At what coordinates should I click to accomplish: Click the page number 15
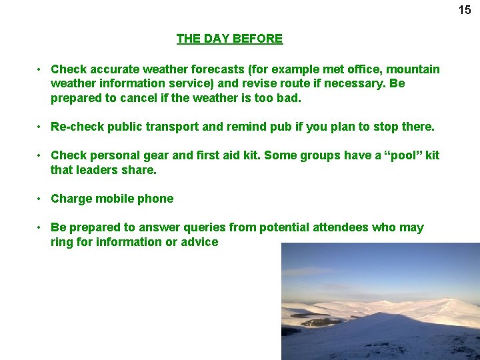pyautogui.click(x=465, y=10)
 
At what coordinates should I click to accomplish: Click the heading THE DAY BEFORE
pyautogui.click(x=229, y=39)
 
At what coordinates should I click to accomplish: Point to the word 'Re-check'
pyautogui.click(x=76, y=127)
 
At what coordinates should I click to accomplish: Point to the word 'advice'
pyautogui.click(x=199, y=242)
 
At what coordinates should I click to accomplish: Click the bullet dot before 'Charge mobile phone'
pyautogui.click(x=41, y=199)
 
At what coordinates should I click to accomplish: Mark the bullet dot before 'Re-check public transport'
pyautogui.click(x=41, y=127)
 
